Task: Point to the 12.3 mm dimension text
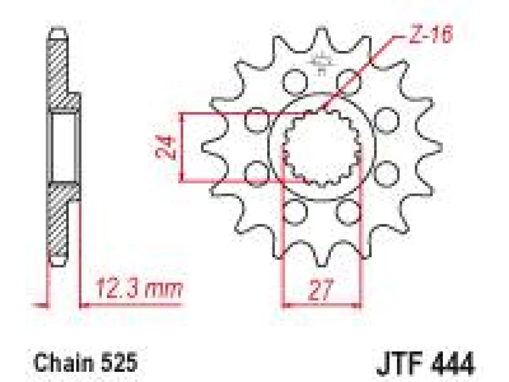[x=139, y=289]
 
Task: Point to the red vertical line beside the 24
[x=182, y=147]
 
